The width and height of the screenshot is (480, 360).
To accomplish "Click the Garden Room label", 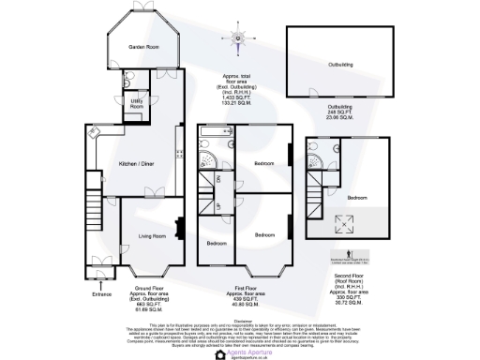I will coord(141,46).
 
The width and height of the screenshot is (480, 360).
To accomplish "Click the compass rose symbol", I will coord(238,38).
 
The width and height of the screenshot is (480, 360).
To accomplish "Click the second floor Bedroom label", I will coord(357,198).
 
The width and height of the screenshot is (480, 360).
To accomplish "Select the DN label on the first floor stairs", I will coord(218,178).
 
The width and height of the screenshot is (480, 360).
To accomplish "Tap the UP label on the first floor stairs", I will coord(218,205).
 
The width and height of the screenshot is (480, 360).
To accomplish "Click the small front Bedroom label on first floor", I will coord(217,243).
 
